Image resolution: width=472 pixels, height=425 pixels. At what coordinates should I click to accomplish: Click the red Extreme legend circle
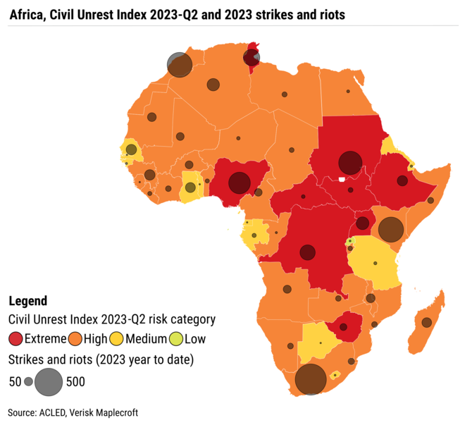pos(16,340)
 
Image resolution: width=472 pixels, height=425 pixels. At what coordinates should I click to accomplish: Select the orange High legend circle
pos(75,340)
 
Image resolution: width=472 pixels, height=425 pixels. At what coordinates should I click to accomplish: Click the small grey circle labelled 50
pos(28,381)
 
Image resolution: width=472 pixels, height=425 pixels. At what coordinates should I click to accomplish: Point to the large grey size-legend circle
pos(49,381)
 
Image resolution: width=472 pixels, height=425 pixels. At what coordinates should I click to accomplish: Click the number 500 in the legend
pos(76,382)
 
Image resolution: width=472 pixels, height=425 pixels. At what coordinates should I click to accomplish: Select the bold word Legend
pos(27,301)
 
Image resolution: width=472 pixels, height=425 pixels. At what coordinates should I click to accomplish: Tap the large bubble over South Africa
pos(309,379)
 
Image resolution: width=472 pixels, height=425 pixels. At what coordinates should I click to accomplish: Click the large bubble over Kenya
pos(391,229)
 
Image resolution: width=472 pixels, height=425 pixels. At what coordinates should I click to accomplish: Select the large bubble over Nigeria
pos(240,183)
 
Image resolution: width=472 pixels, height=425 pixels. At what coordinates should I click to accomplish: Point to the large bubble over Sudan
pos(349,163)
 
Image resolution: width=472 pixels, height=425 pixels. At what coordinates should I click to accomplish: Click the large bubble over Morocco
pos(180,65)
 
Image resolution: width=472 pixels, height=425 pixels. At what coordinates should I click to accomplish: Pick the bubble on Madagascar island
pos(426,322)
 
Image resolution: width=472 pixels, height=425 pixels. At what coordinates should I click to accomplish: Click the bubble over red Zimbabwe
pos(343,327)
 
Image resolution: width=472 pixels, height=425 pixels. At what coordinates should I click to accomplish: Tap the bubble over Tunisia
pos(251,58)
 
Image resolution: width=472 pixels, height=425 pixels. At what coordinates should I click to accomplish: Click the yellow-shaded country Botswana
pos(318,342)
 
